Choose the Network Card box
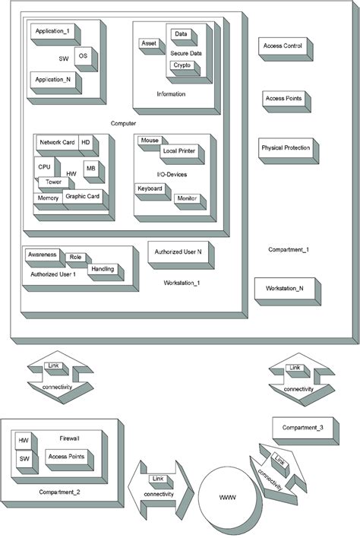(57, 143)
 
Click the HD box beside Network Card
(85, 143)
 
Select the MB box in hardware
(90, 168)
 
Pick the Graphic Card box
(82, 197)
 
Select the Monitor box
(186, 198)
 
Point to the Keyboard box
(150, 188)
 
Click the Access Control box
(283, 46)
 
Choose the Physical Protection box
(285, 148)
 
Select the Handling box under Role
(103, 269)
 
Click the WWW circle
(227, 498)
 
